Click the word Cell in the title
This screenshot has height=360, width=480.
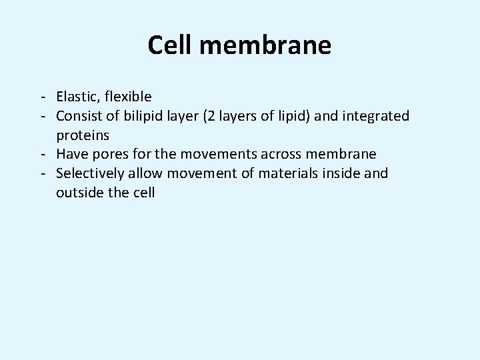coord(169,45)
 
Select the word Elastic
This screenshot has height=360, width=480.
coord(77,97)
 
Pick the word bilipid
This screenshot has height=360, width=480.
coord(141,116)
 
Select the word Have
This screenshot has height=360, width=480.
coord(71,155)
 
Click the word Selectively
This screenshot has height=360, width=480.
coord(89,174)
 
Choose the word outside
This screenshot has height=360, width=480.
coord(79,193)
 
